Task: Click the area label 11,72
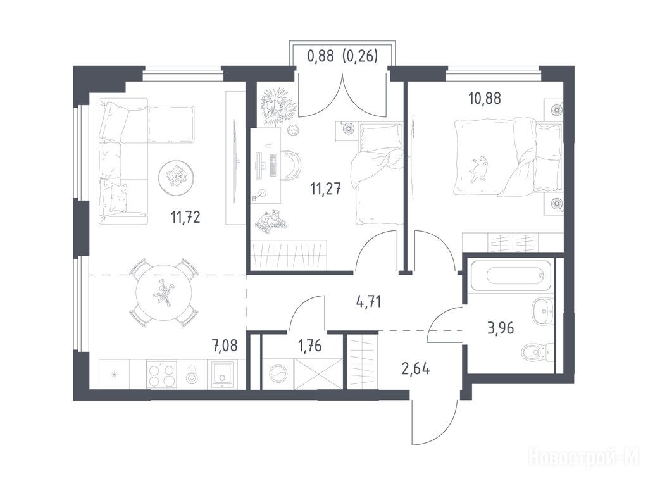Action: [185, 216]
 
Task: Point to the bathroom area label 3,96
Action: [501, 328]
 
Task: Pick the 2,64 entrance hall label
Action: [415, 368]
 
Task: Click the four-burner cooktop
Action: [161, 375]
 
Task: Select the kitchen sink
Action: [223, 375]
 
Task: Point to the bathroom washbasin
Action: [542, 309]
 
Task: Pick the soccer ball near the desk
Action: [294, 131]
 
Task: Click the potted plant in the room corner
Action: [278, 105]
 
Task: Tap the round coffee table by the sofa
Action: [177, 178]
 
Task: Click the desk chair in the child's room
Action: [292, 165]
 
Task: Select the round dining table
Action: [164, 293]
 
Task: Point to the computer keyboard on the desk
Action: [272, 165]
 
